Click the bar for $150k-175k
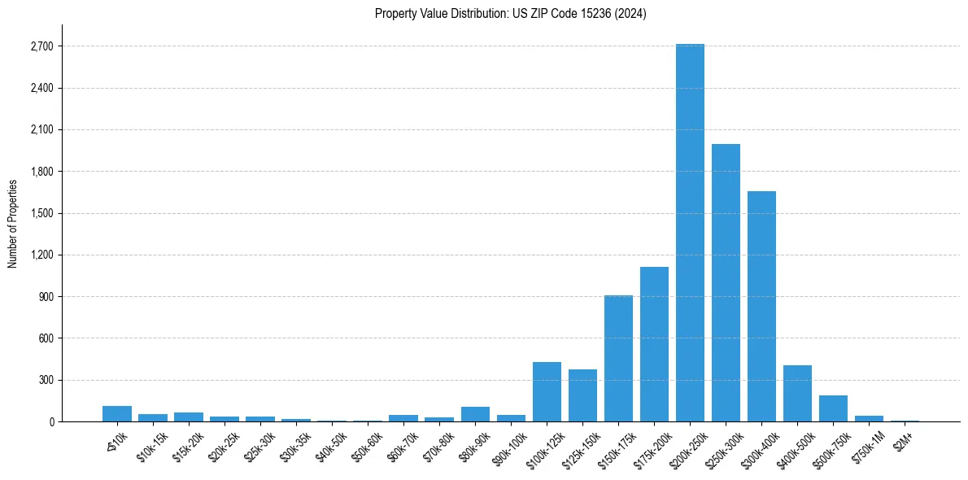(618, 359)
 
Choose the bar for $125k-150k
(582, 395)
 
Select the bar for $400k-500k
(797, 394)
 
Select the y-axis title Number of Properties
(13, 223)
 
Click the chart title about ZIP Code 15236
(511, 14)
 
